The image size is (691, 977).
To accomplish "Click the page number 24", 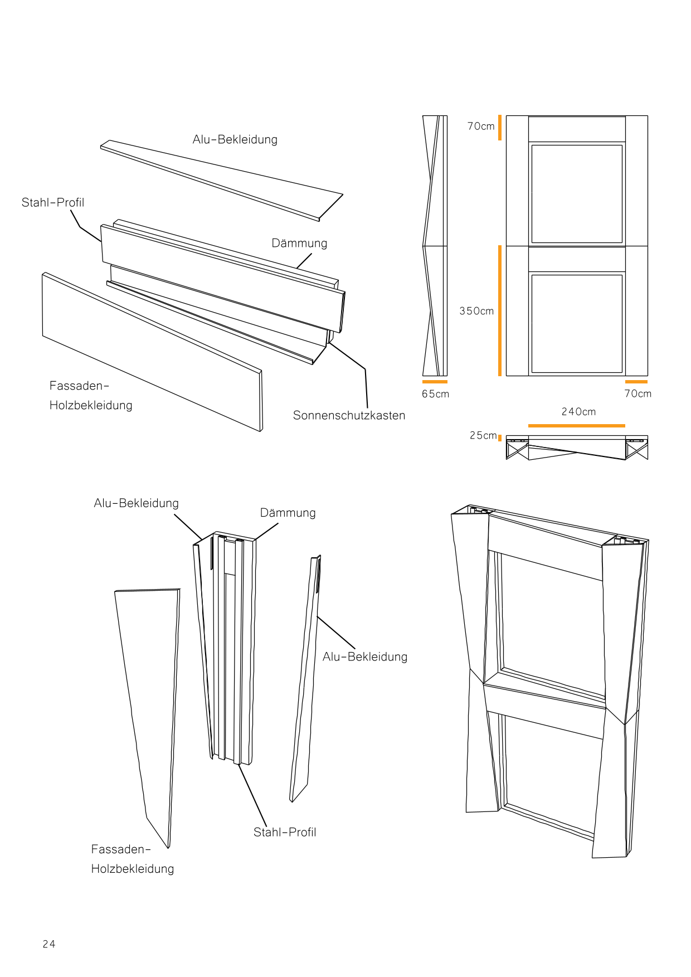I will tap(49, 944).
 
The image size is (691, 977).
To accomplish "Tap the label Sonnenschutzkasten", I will tap(349, 415).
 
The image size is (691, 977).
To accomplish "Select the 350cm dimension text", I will tap(476, 311).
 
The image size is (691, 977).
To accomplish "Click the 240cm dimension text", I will tap(578, 412).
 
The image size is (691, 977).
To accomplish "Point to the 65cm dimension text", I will tap(435, 394).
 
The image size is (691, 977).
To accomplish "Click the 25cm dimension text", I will tap(483, 435).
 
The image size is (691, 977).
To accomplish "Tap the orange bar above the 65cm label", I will tap(435, 382).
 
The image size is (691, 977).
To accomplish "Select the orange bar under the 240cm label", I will tap(576, 426).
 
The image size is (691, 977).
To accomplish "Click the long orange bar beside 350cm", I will tap(500, 310).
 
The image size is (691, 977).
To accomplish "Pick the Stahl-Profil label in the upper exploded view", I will tap(53, 202).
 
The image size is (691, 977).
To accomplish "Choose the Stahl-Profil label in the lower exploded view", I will tap(285, 832).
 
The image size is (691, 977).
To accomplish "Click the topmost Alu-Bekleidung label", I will tap(235, 139).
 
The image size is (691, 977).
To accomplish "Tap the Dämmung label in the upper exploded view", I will tap(299, 243).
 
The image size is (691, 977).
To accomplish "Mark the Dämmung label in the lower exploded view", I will tap(288, 513).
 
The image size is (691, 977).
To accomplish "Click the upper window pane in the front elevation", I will tap(577, 193).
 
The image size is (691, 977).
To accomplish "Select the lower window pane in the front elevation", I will tap(577, 323).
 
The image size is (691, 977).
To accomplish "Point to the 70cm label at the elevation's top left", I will tap(481, 127).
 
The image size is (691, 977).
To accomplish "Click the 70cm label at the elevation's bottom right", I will tap(638, 393).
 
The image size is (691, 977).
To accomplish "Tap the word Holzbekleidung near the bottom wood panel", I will tap(133, 869).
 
